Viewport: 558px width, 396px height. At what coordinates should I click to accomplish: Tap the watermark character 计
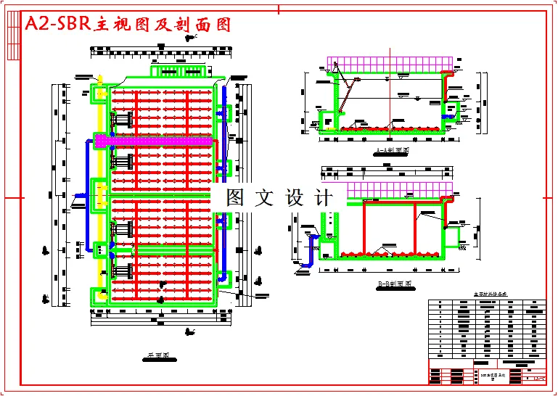(x=324, y=197)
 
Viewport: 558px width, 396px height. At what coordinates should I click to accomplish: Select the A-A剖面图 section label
(x=393, y=152)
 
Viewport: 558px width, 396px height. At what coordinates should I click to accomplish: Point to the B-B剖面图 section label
(x=394, y=284)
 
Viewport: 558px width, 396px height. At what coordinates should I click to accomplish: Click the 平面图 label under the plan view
(x=157, y=356)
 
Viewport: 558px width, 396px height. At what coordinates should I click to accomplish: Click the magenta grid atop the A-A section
(x=392, y=65)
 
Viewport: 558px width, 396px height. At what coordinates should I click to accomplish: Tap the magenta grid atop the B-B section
(x=401, y=189)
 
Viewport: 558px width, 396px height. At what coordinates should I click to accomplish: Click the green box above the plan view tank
(x=179, y=71)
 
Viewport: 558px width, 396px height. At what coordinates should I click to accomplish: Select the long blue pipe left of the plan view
(x=88, y=196)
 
